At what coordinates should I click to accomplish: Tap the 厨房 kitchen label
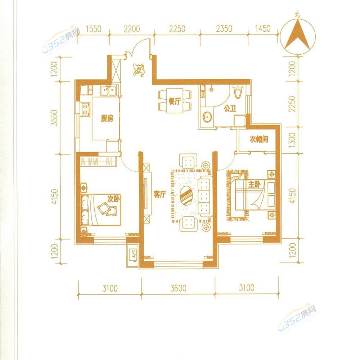(x=107, y=118)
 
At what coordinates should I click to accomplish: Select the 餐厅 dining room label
(x=175, y=101)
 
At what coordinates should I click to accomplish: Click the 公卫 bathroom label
(x=230, y=108)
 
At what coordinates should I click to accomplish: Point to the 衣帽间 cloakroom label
(x=259, y=139)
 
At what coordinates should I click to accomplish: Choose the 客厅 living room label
(x=160, y=194)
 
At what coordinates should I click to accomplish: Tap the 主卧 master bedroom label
(x=254, y=184)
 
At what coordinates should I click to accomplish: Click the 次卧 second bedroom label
(x=113, y=199)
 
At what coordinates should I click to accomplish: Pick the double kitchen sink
(x=108, y=90)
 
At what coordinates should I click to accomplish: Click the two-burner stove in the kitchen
(x=85, y=109)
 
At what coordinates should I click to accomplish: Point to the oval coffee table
(x=186, y=195)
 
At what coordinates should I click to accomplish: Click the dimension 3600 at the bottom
(x=178, y=288)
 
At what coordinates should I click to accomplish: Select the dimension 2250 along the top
(x=177, y=29)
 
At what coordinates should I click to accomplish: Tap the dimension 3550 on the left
(x=55, y=118)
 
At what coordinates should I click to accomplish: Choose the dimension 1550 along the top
(x=94, y=29)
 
